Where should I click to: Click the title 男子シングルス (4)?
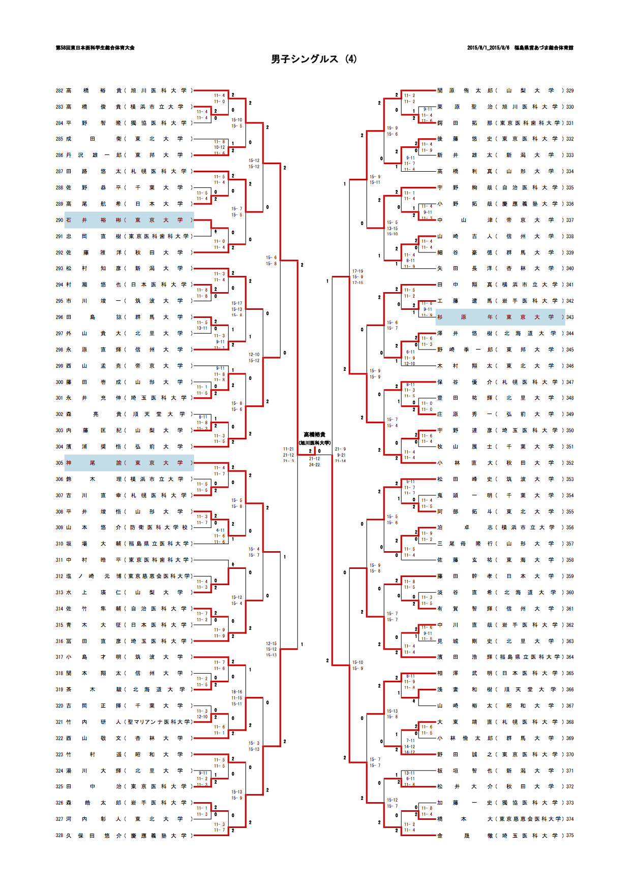(x=314, y=59)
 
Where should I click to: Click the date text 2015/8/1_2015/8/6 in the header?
(x=488, y=48)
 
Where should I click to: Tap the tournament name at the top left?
(x=95, y=48)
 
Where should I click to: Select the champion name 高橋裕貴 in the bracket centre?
(x=314, y=435)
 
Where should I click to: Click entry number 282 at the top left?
(x=59, y=91)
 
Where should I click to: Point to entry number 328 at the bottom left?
(x=59, y=836)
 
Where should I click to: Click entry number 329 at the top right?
(x=570, y=91)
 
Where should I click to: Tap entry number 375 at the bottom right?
(x=570, y=836)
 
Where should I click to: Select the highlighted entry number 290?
(x=59, y=220)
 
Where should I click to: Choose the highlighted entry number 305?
(x=59, y=463)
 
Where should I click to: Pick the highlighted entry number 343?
(x=570, y=317)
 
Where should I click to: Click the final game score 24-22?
(x=315, y=465)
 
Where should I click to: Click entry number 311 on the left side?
(x=59, y=560)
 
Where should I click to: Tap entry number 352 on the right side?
(x=570, y=463)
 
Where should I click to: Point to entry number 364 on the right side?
(x=570, y=657)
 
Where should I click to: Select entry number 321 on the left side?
(x=59, y=722)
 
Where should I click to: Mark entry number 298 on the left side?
(x=59, y=350)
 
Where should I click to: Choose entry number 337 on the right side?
(x=570, y=220)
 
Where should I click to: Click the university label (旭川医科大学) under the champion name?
(x=314, y=443)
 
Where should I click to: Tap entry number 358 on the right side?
(x=570, y=560)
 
